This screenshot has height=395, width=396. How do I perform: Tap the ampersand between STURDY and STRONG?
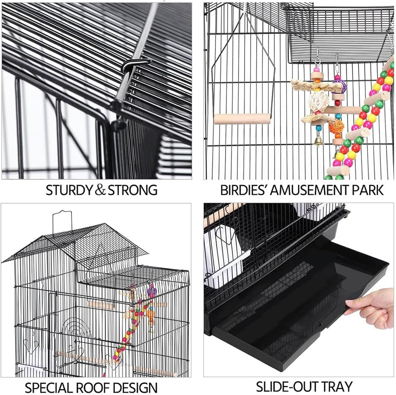tap(100, 190)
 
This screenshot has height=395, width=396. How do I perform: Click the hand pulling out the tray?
tap(375, 306)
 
